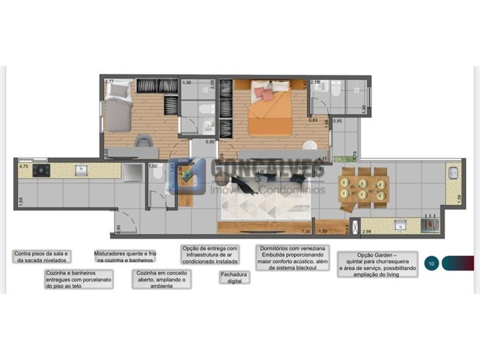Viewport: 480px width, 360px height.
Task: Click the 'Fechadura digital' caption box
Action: (x=234, y=277)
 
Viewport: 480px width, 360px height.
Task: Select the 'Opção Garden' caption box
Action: (x=378, y=265)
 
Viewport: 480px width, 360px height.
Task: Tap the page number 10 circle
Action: (x=431, y=263)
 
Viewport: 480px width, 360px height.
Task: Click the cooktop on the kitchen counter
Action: (x=41, y=171)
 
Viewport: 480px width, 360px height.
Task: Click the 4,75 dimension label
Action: (x=24, y=166)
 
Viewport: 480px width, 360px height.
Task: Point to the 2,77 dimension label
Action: (x=109, y=81)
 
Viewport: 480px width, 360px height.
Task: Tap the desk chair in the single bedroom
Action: (x=143, y=141)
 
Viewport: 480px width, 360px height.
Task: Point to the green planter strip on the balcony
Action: (x=342, y=159)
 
